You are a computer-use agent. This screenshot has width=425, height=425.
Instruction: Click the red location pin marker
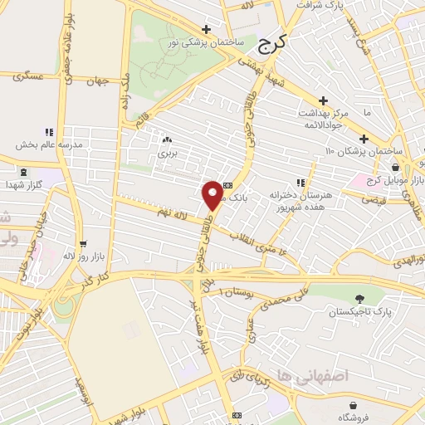click(212, 195)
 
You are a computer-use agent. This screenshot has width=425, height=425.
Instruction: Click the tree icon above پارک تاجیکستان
click(359, 299)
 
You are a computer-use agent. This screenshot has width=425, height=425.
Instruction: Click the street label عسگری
click(27, 76)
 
